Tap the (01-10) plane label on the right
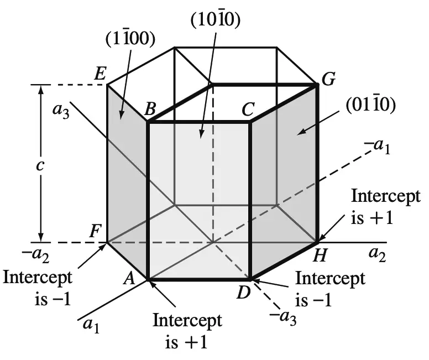(x=370, y=105)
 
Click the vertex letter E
(x=100, y=74)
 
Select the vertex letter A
(x=129, y=278)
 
